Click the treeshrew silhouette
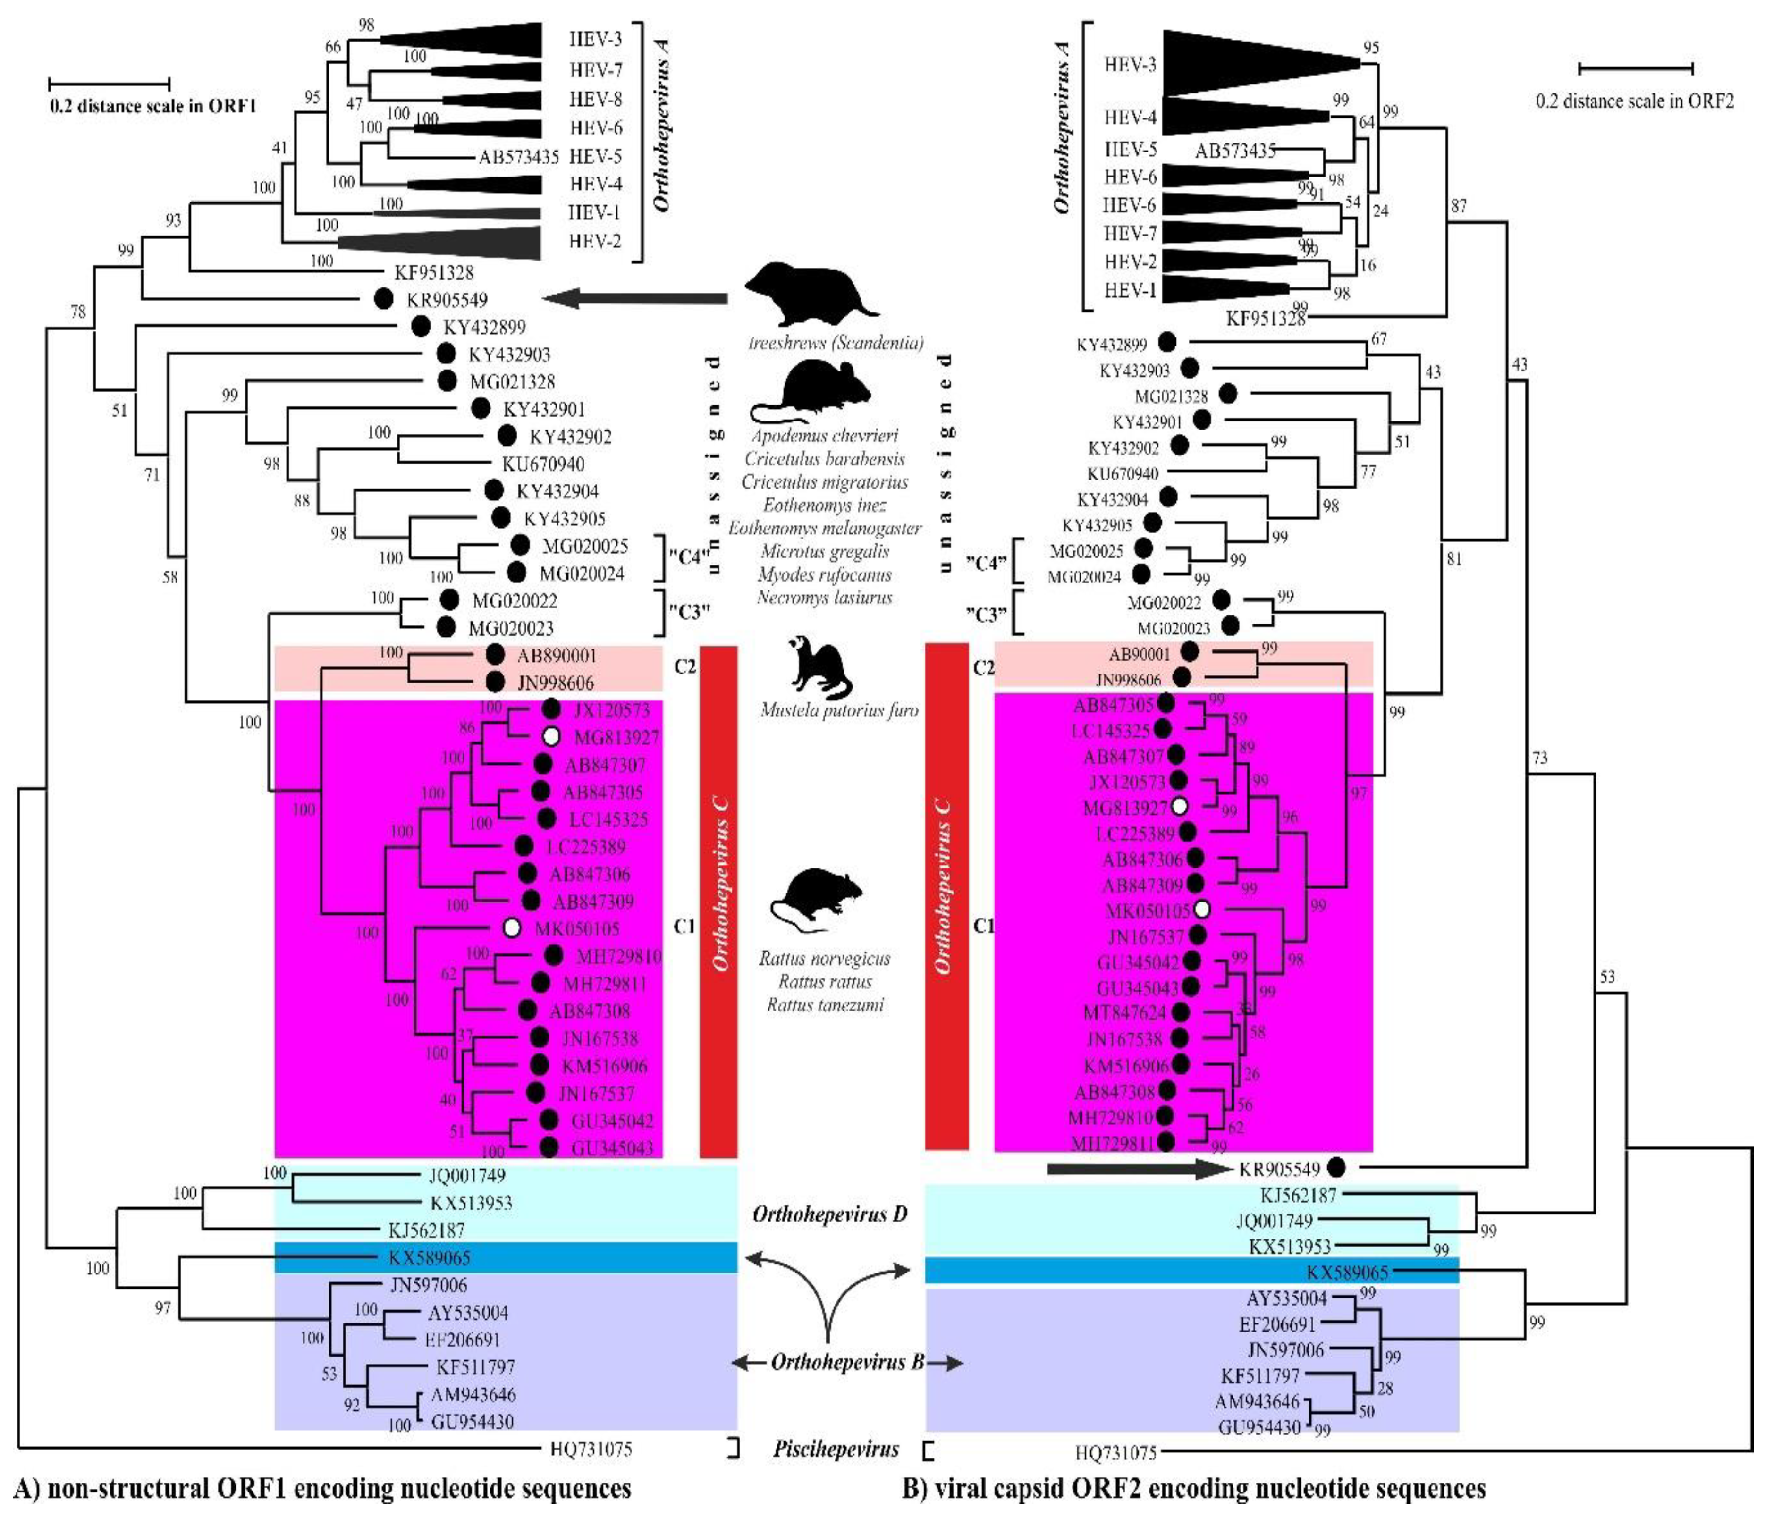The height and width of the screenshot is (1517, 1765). (809, 292)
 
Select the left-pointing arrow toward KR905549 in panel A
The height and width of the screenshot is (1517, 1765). (634, 299)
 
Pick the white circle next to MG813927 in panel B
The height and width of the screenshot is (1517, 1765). (1179, 806)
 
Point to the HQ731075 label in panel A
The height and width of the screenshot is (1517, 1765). (591, 1449)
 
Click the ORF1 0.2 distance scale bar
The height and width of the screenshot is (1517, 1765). (109, 84)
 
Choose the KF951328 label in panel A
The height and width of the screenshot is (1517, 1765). (434, 272)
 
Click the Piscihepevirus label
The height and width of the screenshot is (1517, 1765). (836, 1449)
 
